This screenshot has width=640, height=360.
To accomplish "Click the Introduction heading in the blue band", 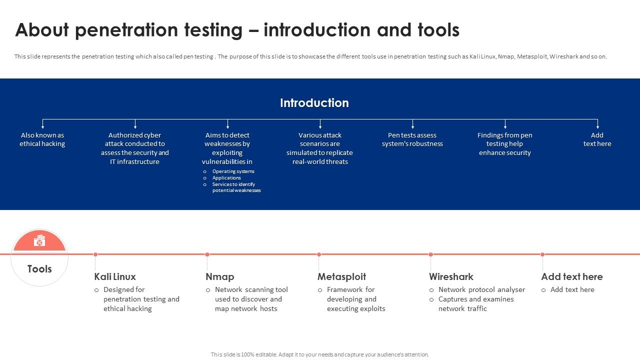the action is click(314, 103).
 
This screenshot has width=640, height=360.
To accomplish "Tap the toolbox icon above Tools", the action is click(39, 240).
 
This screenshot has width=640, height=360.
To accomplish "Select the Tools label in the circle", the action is click(39, 269).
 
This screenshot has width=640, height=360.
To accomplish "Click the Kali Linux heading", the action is click(115, 276).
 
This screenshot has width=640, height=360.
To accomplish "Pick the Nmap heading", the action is click(219, 277).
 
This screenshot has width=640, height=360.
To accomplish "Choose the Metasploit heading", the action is click(341, 277).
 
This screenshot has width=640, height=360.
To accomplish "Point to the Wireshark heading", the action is click(451, 276).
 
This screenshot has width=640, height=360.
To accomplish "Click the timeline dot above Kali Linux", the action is click(95, 254).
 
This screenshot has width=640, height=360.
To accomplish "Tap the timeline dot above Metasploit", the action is click(319, 254).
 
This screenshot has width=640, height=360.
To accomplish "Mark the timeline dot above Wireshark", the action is click(430, 254).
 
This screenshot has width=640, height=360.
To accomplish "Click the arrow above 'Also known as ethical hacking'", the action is click(42, 124).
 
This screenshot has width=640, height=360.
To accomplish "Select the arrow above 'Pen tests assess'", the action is click(412, 124).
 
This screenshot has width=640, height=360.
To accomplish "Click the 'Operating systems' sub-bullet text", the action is click(233, 171).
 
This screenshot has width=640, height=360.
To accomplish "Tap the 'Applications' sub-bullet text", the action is click(226, 177).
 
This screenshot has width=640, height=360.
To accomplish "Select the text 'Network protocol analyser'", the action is click(481, 289).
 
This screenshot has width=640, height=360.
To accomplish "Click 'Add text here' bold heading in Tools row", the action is click(572, 276).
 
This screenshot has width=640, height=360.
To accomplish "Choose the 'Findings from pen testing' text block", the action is click(505, 143).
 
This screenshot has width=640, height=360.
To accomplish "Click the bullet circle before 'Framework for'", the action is click(320, 290).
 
